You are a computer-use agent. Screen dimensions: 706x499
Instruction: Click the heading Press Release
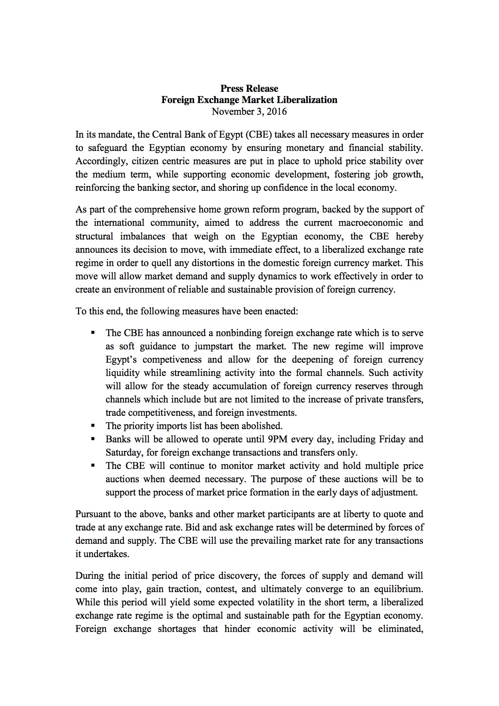249,89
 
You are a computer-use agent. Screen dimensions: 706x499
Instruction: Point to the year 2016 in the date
276,111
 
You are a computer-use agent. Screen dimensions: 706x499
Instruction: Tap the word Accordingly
95,161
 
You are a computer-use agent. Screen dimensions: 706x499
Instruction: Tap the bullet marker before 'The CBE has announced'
93,333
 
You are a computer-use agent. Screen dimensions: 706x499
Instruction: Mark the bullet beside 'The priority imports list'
93,425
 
